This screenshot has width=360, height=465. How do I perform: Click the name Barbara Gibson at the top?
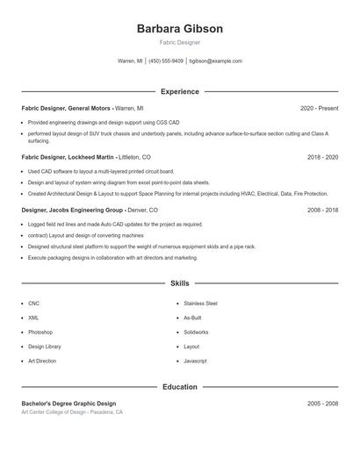[x=180, y=29]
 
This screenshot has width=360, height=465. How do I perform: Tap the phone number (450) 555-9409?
[x=166, y=61]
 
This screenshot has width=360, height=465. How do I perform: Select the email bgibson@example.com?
[x=215, y=61]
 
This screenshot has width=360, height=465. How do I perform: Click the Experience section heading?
[x=180, y=91]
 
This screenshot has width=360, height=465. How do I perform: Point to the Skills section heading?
[x=180, y=283]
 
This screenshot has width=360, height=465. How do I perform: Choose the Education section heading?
[x=180, y=387]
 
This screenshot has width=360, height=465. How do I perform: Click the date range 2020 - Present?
[x=319, y=108]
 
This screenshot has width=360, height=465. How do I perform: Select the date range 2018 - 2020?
[x=322, y=157]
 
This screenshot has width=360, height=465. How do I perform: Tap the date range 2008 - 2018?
[x=322, y=211]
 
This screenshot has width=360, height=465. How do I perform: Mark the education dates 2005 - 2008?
[x=322, y=403]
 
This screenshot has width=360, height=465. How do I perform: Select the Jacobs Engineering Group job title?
[x=72, y=211]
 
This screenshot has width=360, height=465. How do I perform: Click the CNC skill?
[x=33, y=304]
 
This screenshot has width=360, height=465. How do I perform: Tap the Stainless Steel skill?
[x=200, y=304]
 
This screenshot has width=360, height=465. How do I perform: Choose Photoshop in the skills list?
[x=40, y=333]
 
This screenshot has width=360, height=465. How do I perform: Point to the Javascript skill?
[x=195, y=361]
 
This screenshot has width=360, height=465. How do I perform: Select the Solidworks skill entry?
[x=196, y=333]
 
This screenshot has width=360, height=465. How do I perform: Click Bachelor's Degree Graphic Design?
[x=68, y=403]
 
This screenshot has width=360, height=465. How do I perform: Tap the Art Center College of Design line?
[x=72, y=411]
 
